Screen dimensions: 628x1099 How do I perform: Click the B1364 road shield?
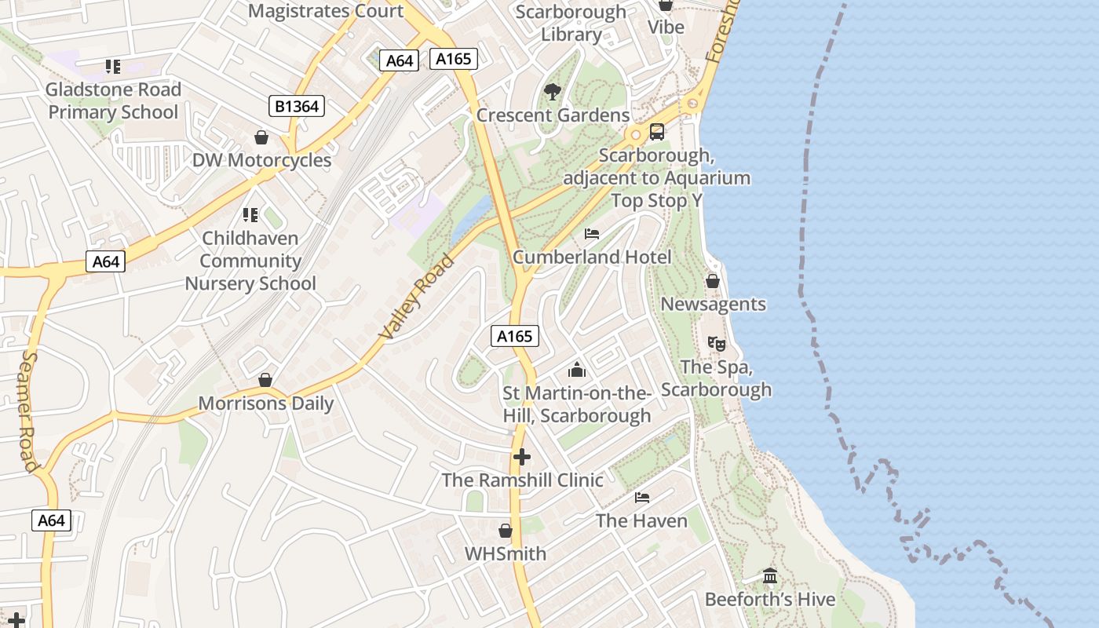(x=298, y=105)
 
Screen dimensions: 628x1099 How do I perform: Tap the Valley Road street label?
(x=417, y=298)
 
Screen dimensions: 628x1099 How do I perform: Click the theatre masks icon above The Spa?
(x=716, y=343)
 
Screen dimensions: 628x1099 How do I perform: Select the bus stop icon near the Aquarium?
(x=657, y=132)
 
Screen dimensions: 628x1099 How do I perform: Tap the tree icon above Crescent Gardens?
(x=553, y=92)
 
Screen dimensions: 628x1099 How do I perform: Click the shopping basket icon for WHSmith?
(x=506, y=531)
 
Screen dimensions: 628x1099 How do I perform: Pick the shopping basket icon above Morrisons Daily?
(x=265, y=380)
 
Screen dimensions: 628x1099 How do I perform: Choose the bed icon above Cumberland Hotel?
(x=592, y=234)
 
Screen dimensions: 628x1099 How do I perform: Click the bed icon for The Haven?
(x=641, y=498)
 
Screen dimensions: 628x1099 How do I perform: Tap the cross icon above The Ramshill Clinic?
(x=522, y=457)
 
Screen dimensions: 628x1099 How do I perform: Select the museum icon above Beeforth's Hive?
(x=770, y=576)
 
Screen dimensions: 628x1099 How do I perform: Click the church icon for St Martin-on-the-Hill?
(x=577, y=370)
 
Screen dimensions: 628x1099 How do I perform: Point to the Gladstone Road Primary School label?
(x=113, y=100)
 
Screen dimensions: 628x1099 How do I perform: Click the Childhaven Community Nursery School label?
(x=250, y=261)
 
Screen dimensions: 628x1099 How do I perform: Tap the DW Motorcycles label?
(x=261, y=160)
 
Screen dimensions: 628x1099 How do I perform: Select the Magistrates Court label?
(x=325, y=11)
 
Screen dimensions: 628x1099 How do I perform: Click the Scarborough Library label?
(x=571, y=23)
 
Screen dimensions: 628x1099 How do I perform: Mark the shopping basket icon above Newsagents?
(x=713, y=281)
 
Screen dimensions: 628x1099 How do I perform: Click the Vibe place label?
(x=666, y=27)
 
